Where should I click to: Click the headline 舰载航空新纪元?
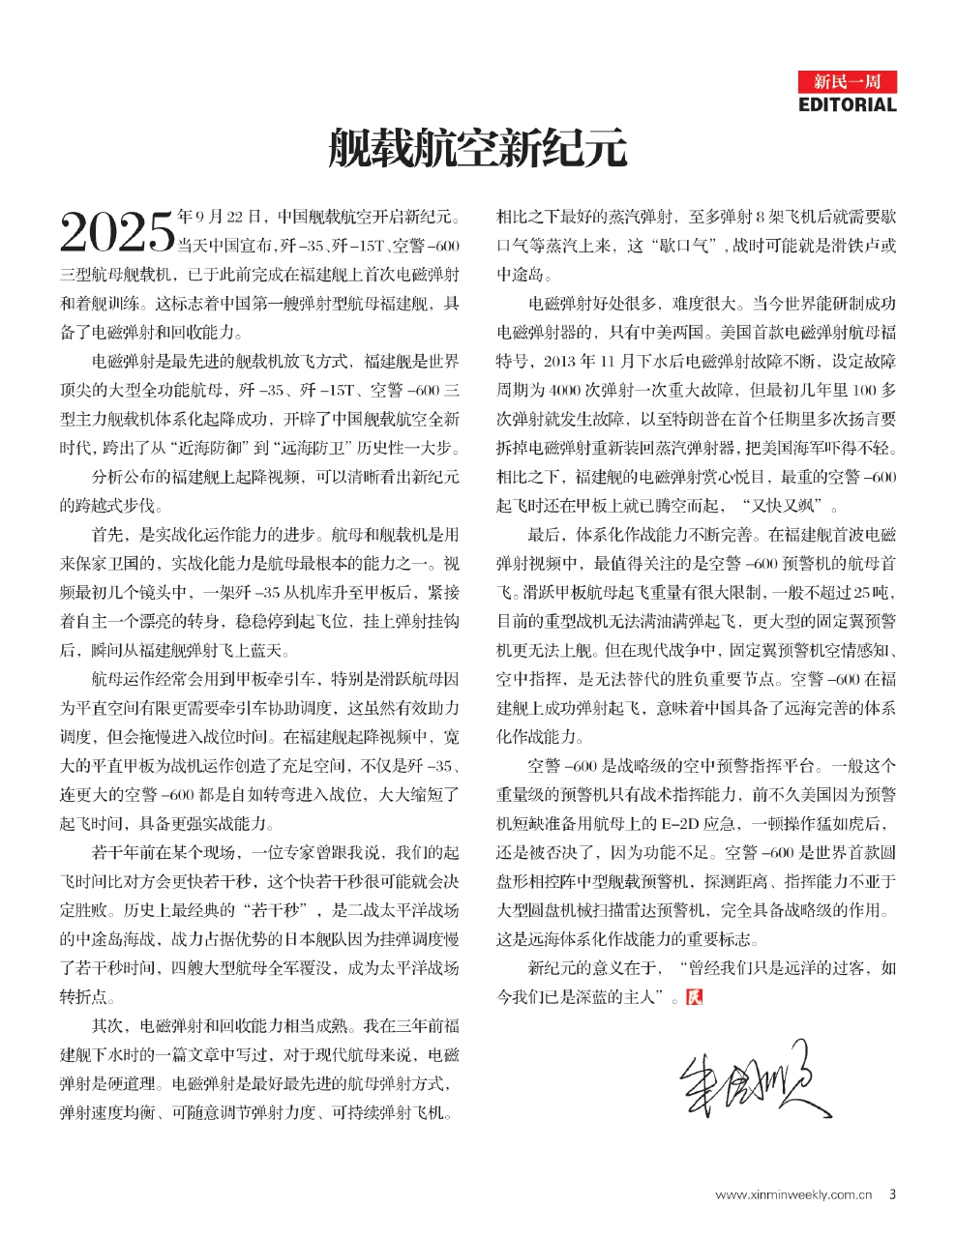(x=477, y=149)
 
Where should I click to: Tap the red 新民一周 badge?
(x=848, y=81)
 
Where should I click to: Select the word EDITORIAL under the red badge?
(x=848, y=104)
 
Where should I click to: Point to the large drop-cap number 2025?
(x=116, y=232)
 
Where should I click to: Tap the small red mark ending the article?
(x=693, y=997)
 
